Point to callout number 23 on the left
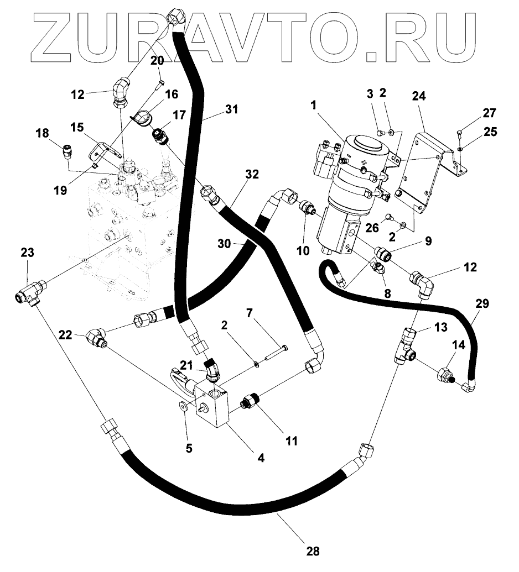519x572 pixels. (x=28, y=254)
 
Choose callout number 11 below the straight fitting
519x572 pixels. (x=290, y=440)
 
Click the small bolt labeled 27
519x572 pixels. (x=460, y=131)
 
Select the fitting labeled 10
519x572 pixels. (x=308, y=210)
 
